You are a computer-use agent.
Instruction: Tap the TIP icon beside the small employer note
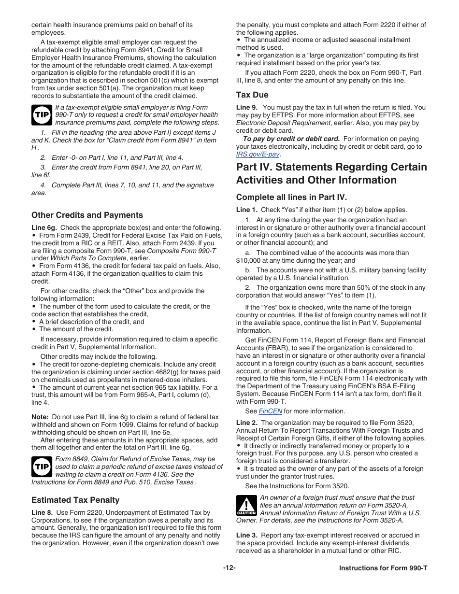[42, 115]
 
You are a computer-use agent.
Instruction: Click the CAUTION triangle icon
[246, 506]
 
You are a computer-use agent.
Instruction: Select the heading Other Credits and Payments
[87, 215]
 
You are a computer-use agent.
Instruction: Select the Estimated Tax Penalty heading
[75, 500]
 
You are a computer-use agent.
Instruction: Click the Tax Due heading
[252, 95]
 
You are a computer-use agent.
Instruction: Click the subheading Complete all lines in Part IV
[291, 198]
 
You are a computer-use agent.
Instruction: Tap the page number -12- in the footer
[229, 567]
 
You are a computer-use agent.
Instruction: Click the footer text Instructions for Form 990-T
[383, 568]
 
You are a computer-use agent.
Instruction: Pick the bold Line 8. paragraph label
[42, 513]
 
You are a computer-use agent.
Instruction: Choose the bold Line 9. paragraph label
[247, 108]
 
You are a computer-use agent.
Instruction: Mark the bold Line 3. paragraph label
[247, 536]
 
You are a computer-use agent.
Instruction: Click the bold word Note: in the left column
[40, 417]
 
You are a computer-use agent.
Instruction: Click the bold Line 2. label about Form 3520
[247, 423]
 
